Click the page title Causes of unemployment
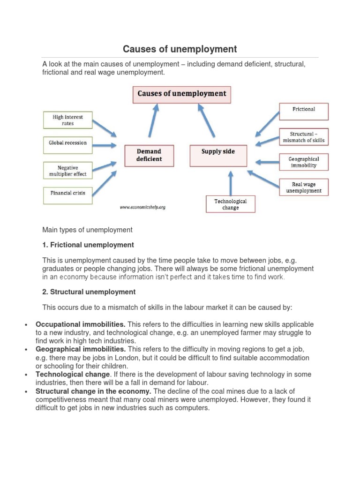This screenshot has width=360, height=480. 180,49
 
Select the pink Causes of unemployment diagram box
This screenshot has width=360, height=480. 181,94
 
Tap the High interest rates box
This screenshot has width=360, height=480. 67,120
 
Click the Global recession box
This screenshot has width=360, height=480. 67,143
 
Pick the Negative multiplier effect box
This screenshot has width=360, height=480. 67,171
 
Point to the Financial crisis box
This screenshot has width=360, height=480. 67,193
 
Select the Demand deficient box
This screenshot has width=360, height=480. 149,155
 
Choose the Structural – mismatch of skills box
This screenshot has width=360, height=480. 304,137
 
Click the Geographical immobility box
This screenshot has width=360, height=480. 304,162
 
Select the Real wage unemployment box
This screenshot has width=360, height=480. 304,187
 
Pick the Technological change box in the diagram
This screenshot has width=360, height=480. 231,204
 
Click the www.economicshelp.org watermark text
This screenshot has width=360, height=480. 142,207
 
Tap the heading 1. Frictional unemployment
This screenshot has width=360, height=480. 88,245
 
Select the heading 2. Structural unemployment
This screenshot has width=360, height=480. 89,292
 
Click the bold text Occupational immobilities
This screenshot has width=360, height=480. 80,324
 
